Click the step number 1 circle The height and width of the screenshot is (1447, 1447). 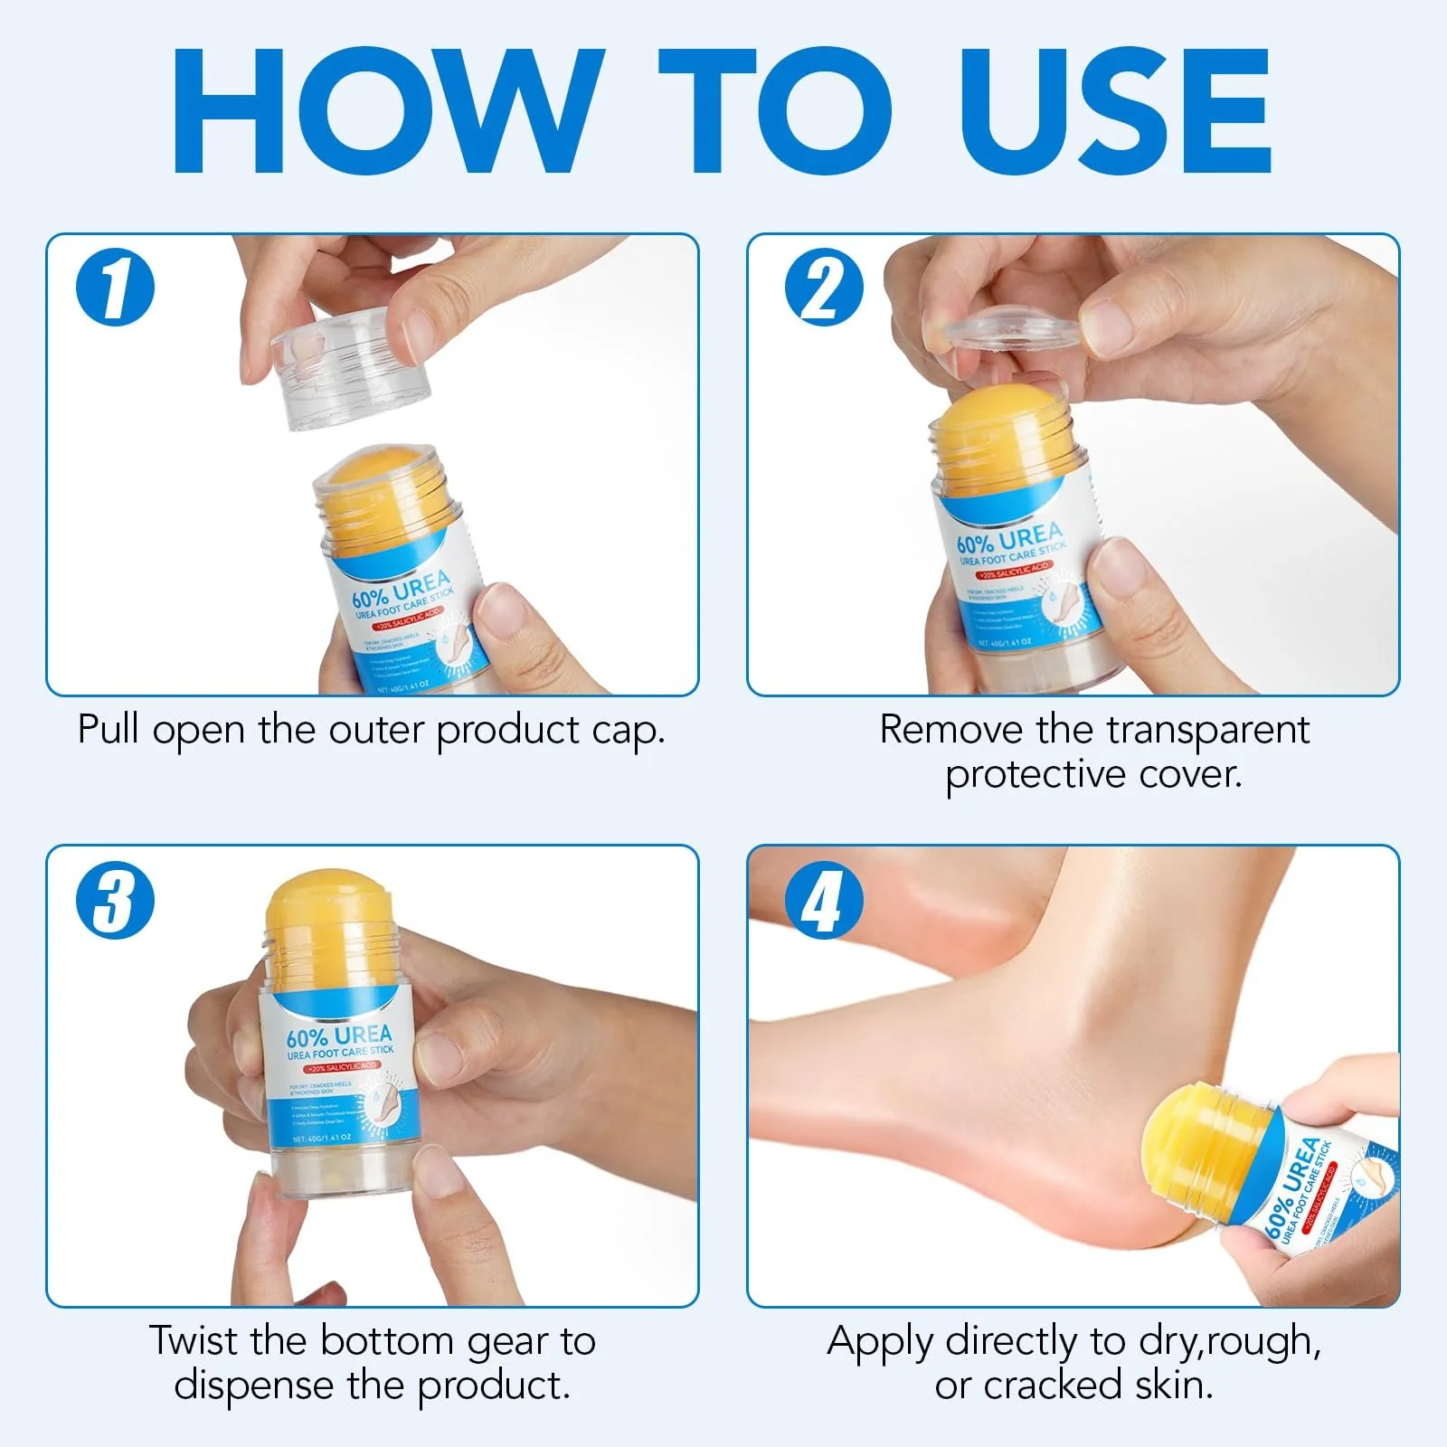click(x=115, y=287)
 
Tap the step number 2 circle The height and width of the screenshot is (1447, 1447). click(x=824, y=287)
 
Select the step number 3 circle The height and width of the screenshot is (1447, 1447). click(x=115, y=901)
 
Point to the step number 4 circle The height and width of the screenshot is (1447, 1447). click(x=824, y=901)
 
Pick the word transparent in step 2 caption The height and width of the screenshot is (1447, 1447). click(x=1207, y=731)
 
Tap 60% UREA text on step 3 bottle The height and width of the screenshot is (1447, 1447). click(x=339, y=1036)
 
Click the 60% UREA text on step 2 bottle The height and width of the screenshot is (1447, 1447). click(x=1008, y=537)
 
